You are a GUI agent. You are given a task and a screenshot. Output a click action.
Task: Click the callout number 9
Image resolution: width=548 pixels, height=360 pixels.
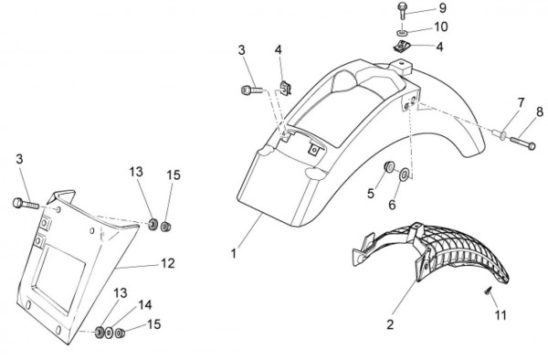pos(442,7)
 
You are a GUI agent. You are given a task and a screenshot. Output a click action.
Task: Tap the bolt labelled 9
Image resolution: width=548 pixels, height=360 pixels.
pos(402,11)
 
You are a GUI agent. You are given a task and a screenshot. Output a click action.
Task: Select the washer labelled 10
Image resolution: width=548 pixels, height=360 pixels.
pos(402,33)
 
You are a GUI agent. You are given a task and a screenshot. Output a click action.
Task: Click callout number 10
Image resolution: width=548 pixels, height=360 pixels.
pos(441,26)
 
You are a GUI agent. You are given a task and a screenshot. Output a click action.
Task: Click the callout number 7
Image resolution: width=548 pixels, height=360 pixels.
pos(521,103)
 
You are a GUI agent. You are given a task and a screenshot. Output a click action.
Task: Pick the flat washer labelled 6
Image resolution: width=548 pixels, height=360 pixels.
pos(405,175)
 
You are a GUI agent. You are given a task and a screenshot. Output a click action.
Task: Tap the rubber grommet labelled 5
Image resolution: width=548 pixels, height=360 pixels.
pos(389,166)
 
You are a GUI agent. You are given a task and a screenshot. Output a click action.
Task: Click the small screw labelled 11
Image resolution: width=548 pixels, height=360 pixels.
pos(488,290)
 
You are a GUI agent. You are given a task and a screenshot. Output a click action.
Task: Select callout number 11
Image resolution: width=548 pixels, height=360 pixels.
pos(501,315)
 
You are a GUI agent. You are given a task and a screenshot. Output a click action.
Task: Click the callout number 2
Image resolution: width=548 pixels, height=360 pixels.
pos(390,324)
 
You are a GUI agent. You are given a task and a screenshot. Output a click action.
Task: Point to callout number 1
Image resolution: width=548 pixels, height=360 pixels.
pos(234,253)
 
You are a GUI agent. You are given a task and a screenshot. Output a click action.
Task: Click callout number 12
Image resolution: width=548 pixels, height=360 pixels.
pos(168,263)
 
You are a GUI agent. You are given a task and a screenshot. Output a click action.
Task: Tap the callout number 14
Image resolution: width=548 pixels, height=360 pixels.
pos(145,305)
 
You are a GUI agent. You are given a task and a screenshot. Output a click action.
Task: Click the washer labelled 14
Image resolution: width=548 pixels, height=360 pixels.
pos(109,333)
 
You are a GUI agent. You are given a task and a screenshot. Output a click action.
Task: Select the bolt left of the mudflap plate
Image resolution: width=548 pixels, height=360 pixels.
pos(26,204)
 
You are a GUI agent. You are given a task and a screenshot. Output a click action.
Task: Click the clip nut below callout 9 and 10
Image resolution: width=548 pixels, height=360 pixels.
pos(401,47)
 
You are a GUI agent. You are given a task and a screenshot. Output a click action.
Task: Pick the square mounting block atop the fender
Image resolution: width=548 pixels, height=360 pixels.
pos(402,67)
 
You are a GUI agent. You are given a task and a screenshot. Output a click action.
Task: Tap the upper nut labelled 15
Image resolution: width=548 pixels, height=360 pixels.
pos(165,227)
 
